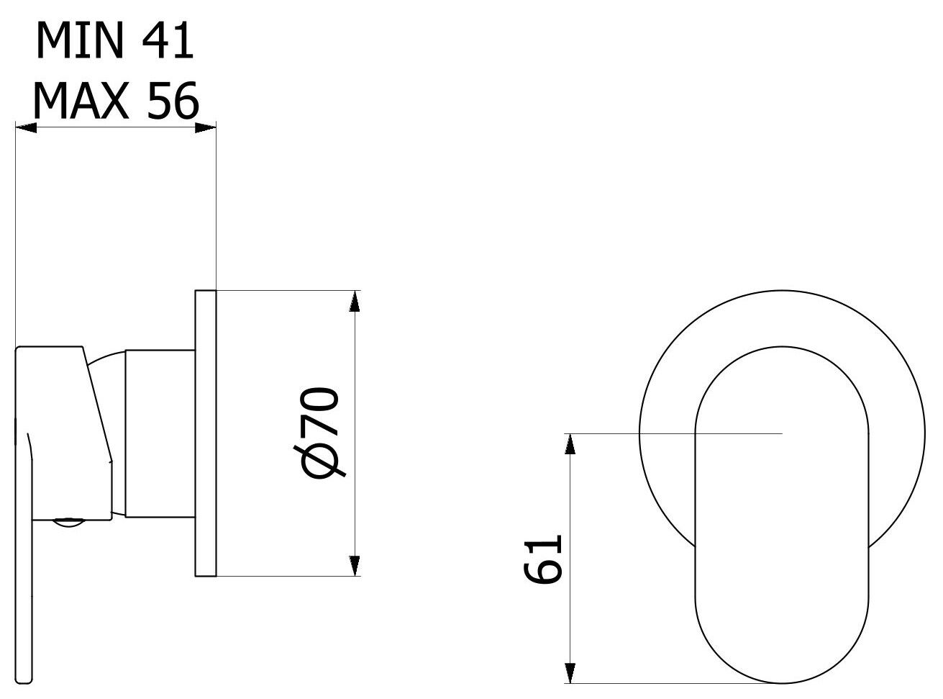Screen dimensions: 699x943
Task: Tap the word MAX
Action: tap(81, 101)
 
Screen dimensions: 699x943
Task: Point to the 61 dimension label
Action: tap(542, 559)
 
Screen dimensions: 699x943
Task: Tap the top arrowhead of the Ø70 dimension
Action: tap(354, 300)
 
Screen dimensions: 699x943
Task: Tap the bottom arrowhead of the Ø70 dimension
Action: tap(354, 567)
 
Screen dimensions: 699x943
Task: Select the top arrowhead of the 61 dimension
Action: tap(571, 443)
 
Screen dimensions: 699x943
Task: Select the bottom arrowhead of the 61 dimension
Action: tap(571, 672)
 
